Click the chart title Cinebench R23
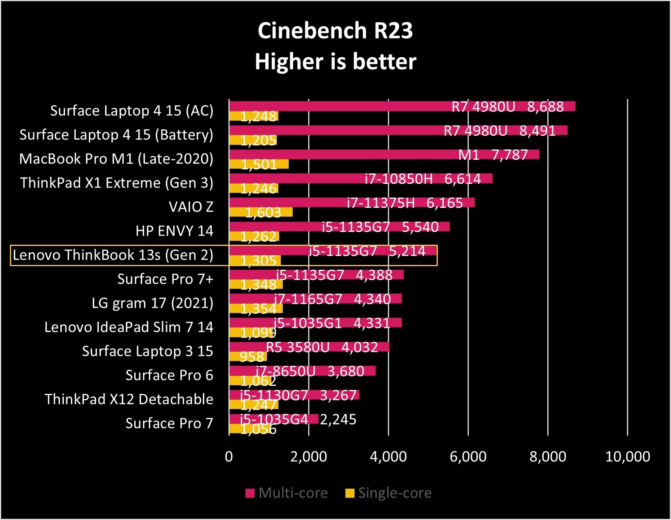click(x=335, y=31)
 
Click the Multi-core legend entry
click(x=287, y=493)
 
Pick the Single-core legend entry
click(x=389, y=493)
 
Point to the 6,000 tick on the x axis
click(x=468, y=457)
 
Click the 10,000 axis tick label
click(x=627, y=457)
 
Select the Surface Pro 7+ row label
click(x=165, y=279)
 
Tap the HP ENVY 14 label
click(x=174, y=231)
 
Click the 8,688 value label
click(x=545, y=107)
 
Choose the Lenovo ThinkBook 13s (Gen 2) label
click(x=113, y=255)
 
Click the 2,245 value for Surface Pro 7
click(x=338, y=420)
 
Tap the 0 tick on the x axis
click(x=229, y=457)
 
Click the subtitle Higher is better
click(x=335, y=62)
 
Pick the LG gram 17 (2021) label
click(x=153, y=303)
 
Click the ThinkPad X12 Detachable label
click(x=129, y=399)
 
